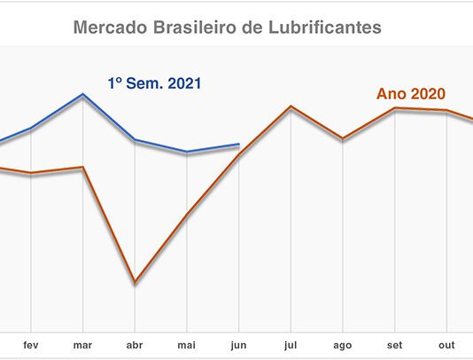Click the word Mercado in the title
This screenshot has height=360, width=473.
111,27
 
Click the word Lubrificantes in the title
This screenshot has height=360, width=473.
324,27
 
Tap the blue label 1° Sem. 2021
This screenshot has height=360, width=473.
154,83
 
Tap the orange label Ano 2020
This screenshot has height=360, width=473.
411,94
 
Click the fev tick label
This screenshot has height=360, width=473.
31,345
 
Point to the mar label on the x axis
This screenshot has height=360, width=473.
82,345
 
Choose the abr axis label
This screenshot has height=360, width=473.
135,345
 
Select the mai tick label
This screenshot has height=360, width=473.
186,345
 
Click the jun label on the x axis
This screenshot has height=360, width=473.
238,345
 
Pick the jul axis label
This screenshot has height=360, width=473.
291,345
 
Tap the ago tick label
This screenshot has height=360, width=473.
343,346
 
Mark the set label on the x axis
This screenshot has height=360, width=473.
394,345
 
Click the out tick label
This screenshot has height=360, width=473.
446,345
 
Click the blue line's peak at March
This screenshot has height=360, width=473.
82,94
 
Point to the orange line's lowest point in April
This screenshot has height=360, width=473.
135,282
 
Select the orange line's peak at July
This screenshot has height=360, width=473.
291,106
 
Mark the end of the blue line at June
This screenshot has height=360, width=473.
239,145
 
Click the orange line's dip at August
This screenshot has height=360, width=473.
343,139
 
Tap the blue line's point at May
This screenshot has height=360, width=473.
187,152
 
